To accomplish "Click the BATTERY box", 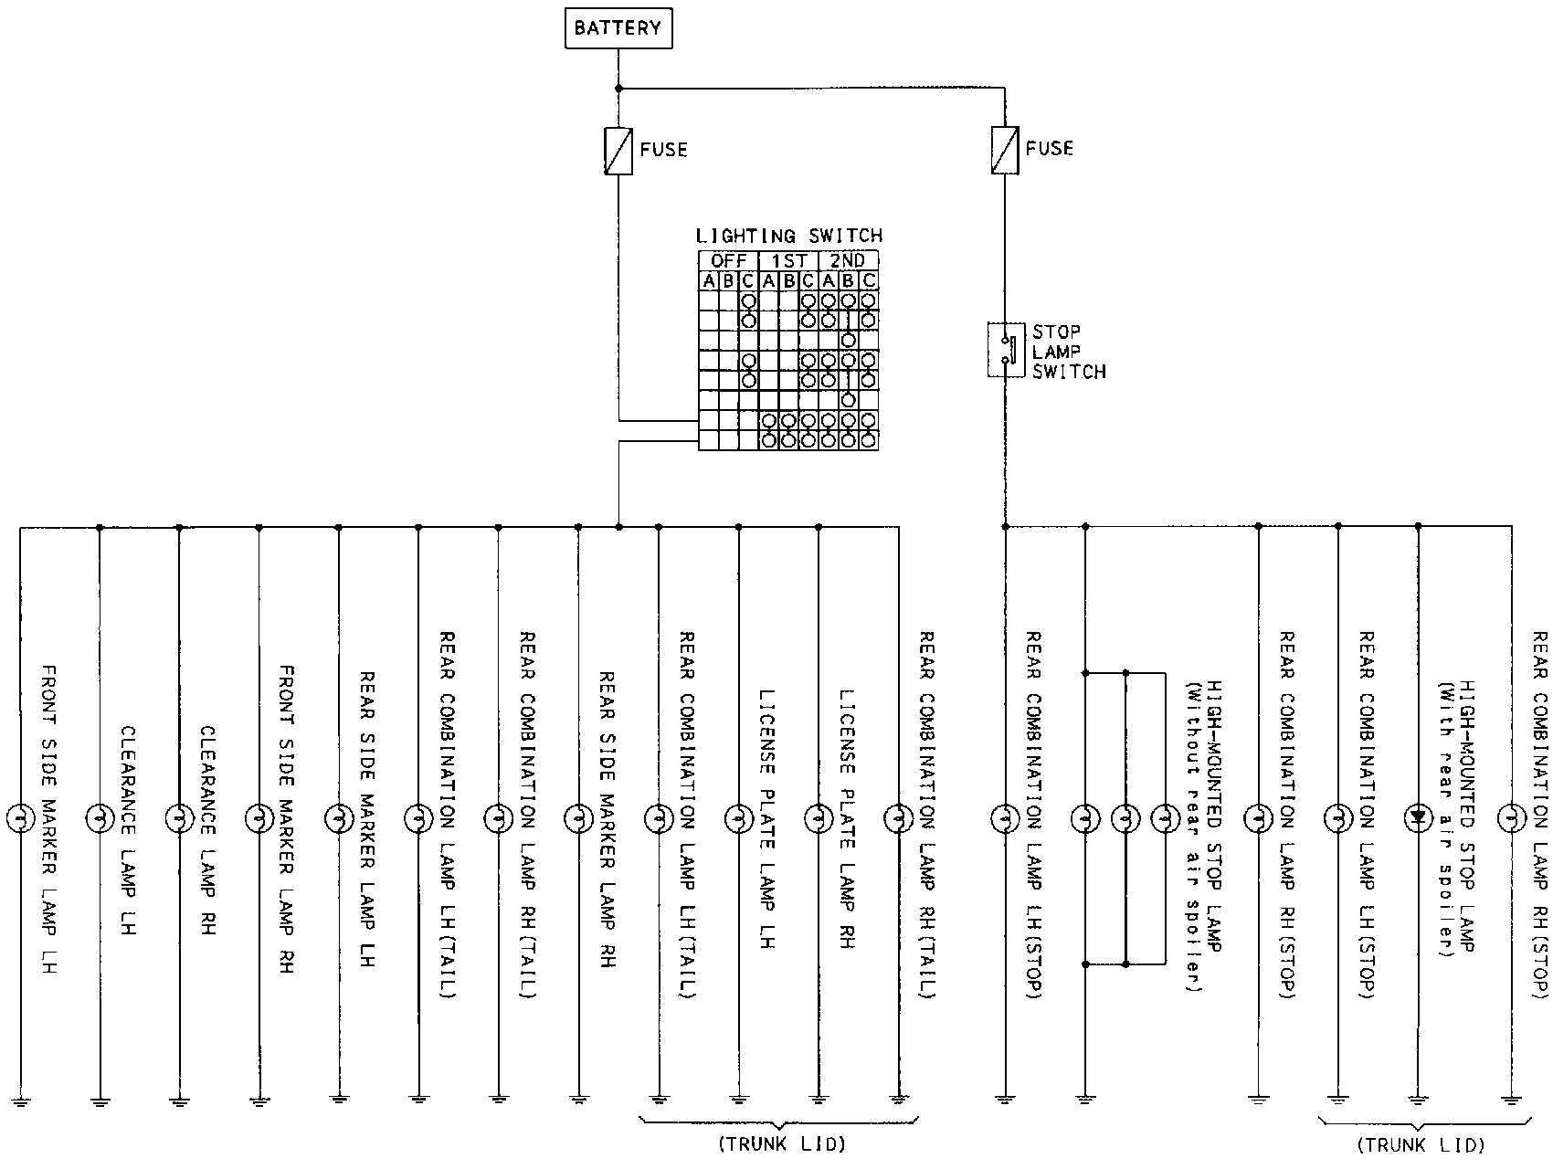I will [618, 28].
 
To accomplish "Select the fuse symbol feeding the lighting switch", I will [618, 151].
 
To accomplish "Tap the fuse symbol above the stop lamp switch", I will [1005, 151].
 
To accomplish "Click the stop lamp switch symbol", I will [1006, 349].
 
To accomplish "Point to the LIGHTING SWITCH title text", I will [789, 237].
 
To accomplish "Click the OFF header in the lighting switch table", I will [728, 260].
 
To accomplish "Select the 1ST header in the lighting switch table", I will [788, 260].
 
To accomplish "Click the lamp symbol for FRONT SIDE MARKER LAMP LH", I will [19, 817].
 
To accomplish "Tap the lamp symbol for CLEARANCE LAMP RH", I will [179, 817].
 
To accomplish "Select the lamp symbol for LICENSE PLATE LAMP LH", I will [738, 817].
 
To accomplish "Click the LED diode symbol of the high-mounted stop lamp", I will [1418, 817].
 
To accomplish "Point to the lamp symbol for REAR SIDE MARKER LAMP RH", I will [578, 817].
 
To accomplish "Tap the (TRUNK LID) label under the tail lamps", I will [781, 1143].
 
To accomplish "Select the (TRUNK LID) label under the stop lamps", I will [1420, 1143].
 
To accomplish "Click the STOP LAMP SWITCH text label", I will [1069, 351].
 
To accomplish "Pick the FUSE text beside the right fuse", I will [1050, 148].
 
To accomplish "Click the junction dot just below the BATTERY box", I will [618, 89].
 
